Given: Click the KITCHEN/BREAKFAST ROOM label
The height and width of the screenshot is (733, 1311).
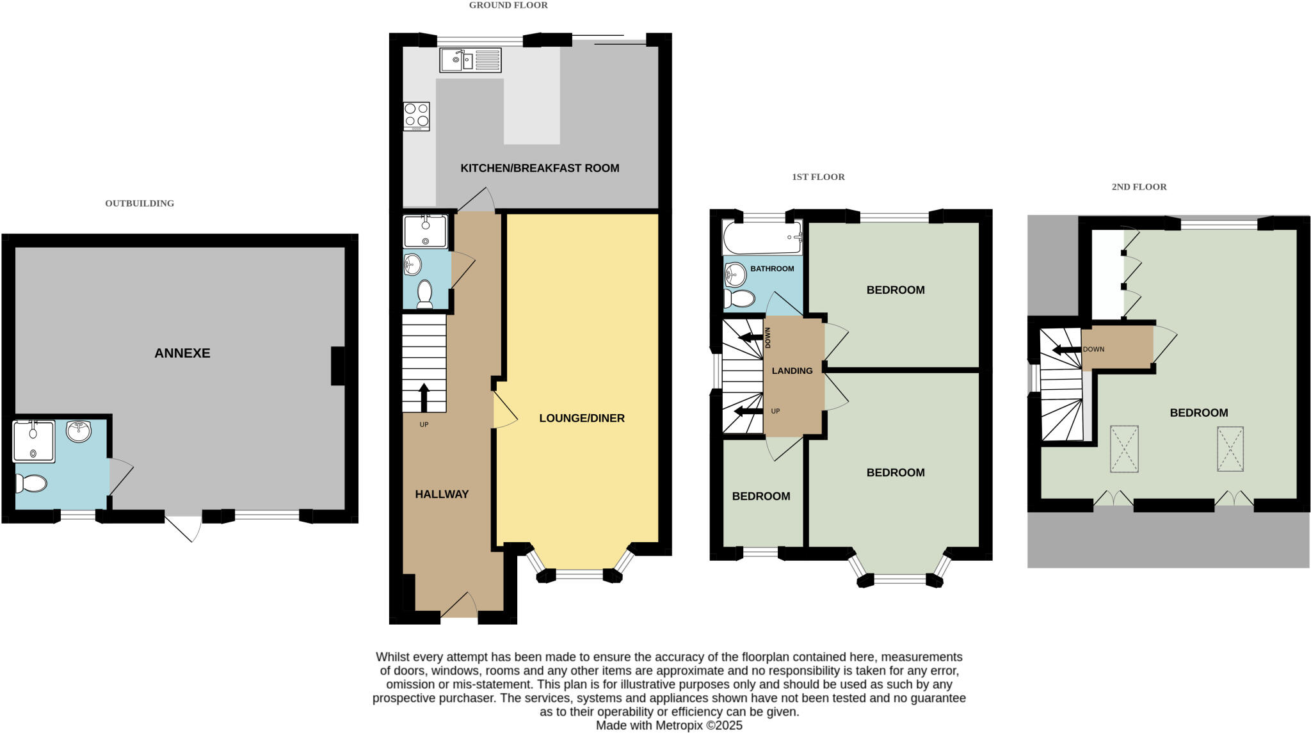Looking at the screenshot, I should pos(540,168).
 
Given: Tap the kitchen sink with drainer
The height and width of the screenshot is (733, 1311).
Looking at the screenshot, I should pos(470,60).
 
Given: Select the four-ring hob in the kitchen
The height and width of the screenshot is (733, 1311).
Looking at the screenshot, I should pos(416,116).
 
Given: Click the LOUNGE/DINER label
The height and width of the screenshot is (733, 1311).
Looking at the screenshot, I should pos(581,418).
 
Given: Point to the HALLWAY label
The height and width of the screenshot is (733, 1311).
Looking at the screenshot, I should pos(442,494).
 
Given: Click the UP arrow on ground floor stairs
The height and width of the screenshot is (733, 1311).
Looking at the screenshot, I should pos(424,397).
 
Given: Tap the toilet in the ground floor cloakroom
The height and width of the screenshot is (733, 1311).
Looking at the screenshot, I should pos(424,294).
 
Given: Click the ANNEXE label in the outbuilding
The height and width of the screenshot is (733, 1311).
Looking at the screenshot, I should pos(182,353).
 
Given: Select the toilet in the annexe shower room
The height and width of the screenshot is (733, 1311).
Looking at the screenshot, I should pos(31,483).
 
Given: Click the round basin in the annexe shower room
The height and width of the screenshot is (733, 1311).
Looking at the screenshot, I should pos(79,431).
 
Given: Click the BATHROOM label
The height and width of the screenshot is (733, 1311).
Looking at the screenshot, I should pos(772,269).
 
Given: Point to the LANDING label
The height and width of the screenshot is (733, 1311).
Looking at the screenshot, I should pos(792,371).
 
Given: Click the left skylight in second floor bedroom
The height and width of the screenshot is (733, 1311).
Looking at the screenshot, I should pos(1124,449).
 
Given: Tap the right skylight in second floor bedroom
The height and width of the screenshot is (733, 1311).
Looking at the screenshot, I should pos(1230,449).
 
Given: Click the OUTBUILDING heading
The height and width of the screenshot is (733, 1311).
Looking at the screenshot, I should pos(140,204).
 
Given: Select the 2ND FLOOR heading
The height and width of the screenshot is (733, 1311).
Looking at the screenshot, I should pos(1139,187).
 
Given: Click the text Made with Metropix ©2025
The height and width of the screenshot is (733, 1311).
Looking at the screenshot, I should pos(669,725).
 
